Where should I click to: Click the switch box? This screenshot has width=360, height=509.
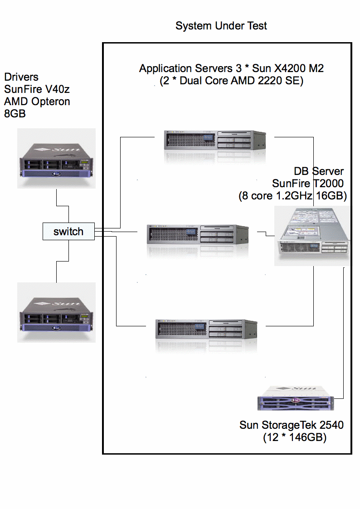coord(68,232)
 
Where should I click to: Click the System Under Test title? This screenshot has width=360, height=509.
coord(221,26)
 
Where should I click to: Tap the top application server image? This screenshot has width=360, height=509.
coord(214,140)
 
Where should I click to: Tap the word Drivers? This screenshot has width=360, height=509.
coord(21,77)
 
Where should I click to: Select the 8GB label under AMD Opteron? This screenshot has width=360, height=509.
coord(15,114)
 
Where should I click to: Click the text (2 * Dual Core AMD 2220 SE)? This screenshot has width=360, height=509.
coord(231,81)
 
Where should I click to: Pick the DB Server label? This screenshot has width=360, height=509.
coord(319,171)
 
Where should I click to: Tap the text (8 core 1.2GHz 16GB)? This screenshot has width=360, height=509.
coord(292,196)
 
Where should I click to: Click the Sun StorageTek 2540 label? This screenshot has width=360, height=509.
coord(291,425)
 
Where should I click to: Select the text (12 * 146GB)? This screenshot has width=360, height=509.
coord(295,438)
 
